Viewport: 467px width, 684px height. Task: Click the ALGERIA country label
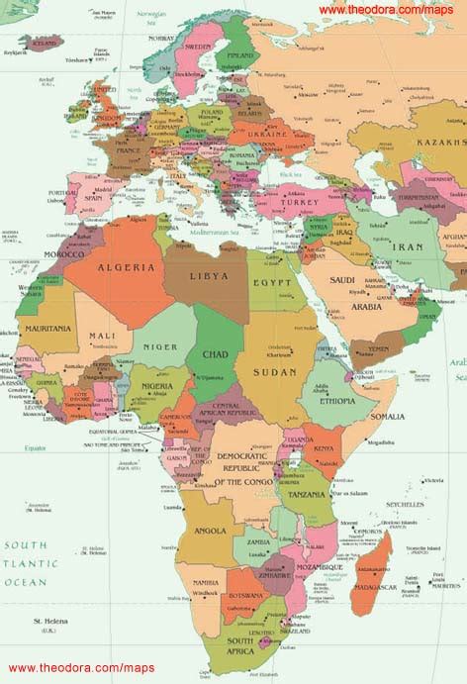(x=125, y=267)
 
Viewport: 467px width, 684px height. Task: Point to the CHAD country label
(x=216, y=353)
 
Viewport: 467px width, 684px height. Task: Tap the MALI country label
(x=102, y=336)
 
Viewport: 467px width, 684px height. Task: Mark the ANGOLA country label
(x=210, y=531)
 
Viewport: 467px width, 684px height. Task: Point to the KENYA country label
(x=323, y=448)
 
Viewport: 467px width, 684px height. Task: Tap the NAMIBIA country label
(x=206, y=583)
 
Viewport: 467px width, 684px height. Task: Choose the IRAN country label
(x=407, y=245)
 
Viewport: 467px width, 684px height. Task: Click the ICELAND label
(x=43, y=44)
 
